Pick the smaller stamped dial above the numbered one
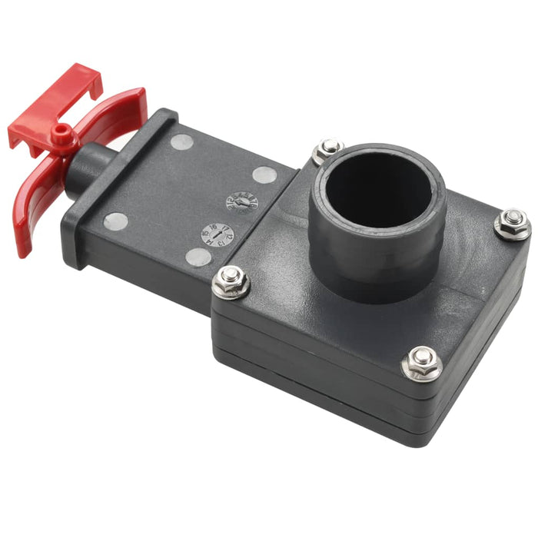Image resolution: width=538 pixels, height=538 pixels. pos(241,201)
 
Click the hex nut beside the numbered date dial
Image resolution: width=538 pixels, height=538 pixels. pos(231,282)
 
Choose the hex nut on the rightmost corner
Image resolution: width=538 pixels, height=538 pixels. pos(512,224)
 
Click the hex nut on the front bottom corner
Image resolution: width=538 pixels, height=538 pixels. pos(421,363)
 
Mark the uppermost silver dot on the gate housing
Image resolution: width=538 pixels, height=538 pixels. pos(181,142)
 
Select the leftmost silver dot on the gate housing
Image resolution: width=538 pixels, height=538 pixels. pos(116,221)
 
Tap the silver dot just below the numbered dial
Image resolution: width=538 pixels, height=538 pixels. pos(198,257)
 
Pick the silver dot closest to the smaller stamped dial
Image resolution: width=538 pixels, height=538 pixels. pos(264,175)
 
